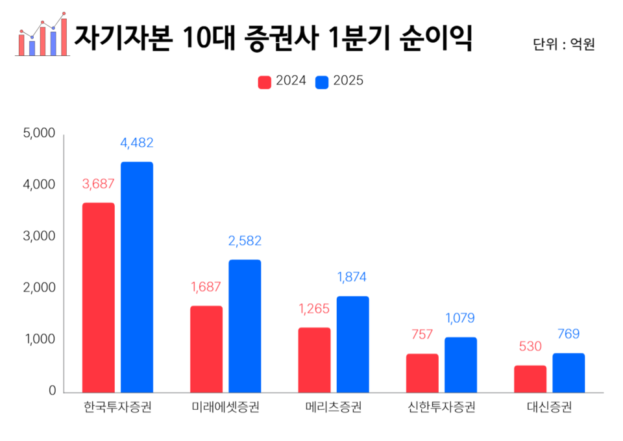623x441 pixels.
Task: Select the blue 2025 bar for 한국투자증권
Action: pyautogui.click(x=137, y=277)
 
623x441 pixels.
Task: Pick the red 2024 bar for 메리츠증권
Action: pyautogui.click(x=314, y=360)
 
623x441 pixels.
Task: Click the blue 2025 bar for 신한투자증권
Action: pyautogui.click(x=461, y=364)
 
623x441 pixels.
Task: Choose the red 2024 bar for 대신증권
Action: pyautogui.click(x=530, y=379)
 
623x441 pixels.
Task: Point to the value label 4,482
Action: pyautogui.click(x=137, y=143)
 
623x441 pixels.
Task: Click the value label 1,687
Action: pyautogui.click(x=206, y=286)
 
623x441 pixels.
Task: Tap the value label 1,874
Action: pyautogui.click(x=352, y=277)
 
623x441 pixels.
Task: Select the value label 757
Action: pyautogui.click(x=422, y=334)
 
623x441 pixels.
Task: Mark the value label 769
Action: pyautogui.click(x=568, y=334)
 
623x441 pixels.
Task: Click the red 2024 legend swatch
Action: pyautogui.click(x=265, y=82)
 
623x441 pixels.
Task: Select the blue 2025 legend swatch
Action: pyautogui.click(x=322, y=82)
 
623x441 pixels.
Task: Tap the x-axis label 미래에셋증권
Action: pyautogui.click(x=225, y=408)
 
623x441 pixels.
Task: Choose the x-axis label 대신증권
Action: pyautogui.click(x=549, y=408)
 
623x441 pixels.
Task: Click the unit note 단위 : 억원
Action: pyautogui.click(x=563, y=45)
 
